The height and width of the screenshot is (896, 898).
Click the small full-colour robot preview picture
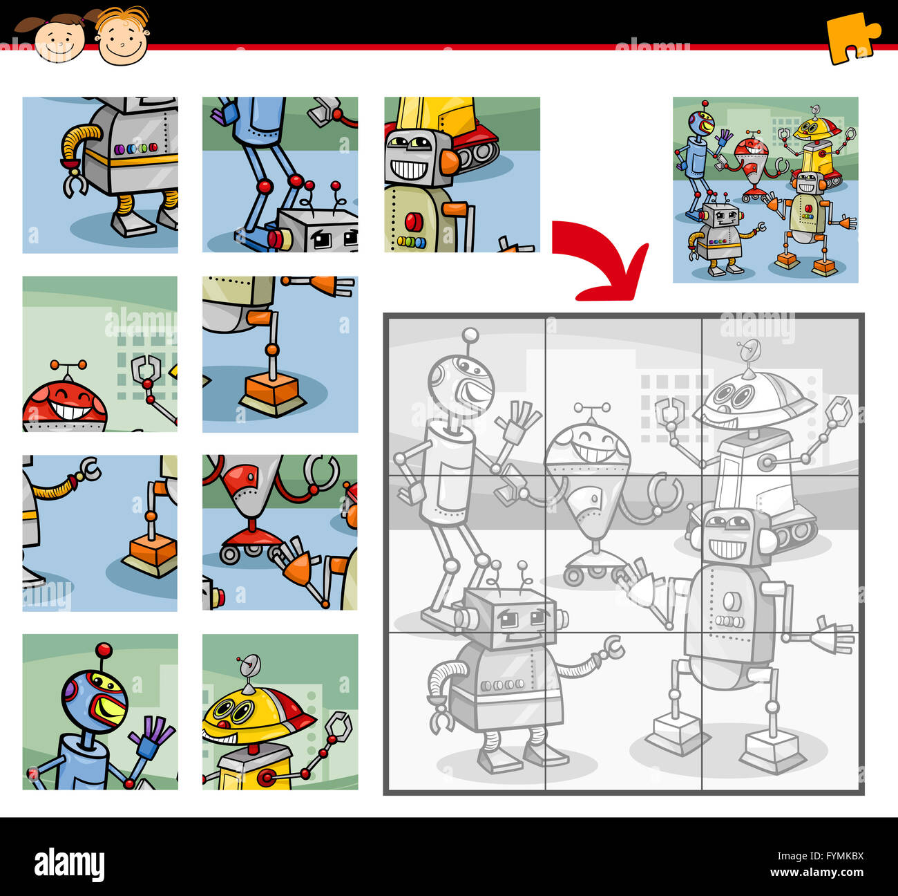765,189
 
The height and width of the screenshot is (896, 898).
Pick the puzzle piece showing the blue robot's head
99,711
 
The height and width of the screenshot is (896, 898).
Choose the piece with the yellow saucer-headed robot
280,711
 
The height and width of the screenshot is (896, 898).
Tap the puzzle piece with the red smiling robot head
99,354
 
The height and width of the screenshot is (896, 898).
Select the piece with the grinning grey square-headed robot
461,174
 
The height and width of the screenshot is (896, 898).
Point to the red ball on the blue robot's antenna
104,650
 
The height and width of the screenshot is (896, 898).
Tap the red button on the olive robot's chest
414,221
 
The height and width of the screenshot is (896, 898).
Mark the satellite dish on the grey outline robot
749,350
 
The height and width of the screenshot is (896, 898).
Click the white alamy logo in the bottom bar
69,865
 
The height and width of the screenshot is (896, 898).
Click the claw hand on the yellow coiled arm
73,184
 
